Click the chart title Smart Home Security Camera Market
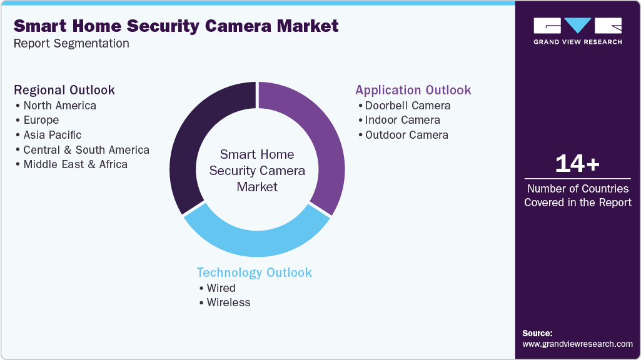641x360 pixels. pyautogui.click(x=176, y=26)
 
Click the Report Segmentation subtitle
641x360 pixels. pyautogui.click(x=71, y=43)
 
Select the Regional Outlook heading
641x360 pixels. pyautogui.click(x=64, y=90)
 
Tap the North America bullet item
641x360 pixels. pyautogui.click(x=59, y=105)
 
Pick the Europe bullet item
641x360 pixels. pyautogui.click(x=41, y=120)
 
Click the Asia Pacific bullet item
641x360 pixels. pyautogui.click(x=52, y=135)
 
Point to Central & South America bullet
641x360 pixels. pyautogui.click(x=86, y=150)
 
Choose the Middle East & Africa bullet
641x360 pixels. pyautogui.click(x=75, y=164)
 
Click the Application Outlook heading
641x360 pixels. pyautogui.click(x=413, y=90)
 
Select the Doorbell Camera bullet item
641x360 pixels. pyautogui.click(x=408, y=105)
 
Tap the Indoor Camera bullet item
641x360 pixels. pyautogui.click(x=402, y=120)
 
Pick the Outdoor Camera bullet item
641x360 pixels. pyautogui.click(x=406, y=135)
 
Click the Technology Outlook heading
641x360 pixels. pyautogui.click(x=254, y=272)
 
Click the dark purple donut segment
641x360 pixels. pyautogui.click(x=188, y=144)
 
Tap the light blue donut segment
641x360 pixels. pyautogui.click(x=256, y=241)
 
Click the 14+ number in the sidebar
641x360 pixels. pyautogui.click(x=577, y=164)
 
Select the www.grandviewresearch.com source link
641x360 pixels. pyautogui.click(x=577, y=344)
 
